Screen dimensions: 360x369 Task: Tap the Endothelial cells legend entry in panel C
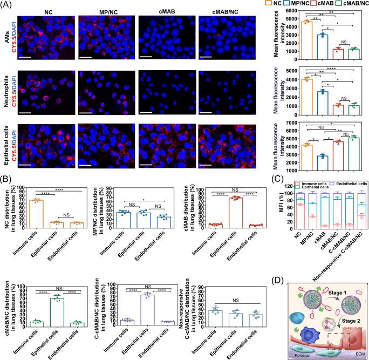pos(342,183)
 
